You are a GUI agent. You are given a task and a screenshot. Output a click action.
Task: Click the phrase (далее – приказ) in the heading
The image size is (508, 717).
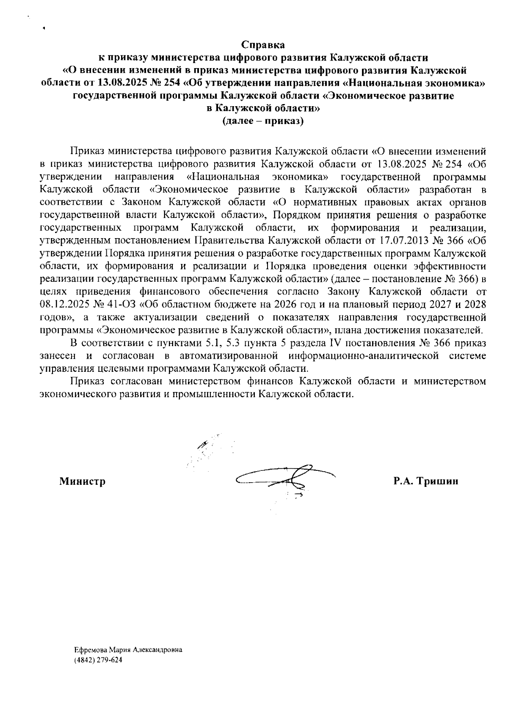(263, 121)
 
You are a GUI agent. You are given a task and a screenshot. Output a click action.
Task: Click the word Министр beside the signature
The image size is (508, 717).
(83, 481)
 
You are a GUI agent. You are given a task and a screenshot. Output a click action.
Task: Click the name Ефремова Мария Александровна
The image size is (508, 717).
(128, 650)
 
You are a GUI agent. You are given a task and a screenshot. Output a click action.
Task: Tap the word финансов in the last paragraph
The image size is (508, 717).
(268, 381)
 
